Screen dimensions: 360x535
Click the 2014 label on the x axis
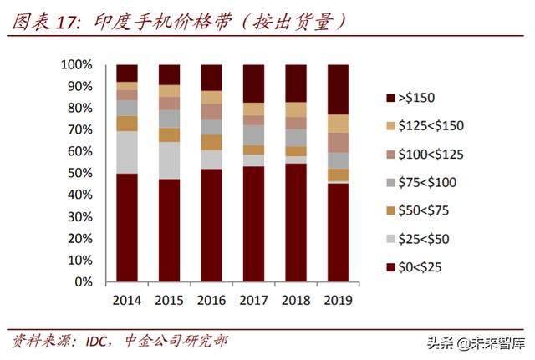pos(127,300)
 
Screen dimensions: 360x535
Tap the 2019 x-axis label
pos(338,300)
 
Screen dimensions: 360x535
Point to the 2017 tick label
pos(253,300)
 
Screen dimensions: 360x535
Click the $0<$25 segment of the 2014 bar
pos(127,227)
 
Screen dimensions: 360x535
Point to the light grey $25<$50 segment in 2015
pos(170,160)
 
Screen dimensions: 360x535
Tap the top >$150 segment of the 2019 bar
pos(338,89)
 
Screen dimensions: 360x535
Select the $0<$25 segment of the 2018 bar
pos(296,222)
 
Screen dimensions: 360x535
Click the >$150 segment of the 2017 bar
pos(253,84)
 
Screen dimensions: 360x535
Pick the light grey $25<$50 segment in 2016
pos(211,160)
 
